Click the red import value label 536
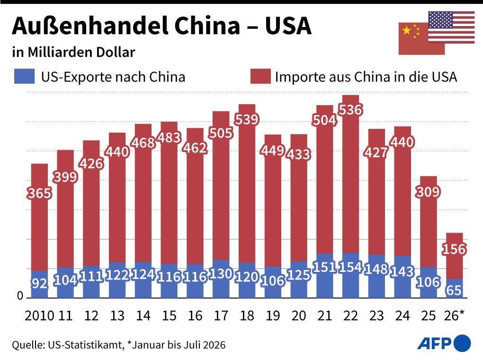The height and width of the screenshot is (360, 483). click(350, 110)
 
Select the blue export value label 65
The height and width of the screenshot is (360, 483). click(454, 290)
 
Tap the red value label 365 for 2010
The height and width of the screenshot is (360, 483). click(39, 193)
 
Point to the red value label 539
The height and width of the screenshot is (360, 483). click(246, 119)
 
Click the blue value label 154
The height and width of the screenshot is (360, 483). click(350, 267)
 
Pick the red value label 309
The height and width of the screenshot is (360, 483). click(428, 192)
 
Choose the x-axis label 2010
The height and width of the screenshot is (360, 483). click(39, 315)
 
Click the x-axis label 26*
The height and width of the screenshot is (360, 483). click(454, 315)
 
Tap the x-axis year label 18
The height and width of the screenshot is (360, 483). click(247, 315)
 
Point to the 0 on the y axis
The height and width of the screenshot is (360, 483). click(20, 296)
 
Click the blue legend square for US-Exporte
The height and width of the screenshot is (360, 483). click(24, 76)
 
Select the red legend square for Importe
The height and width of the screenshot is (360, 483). click(260, 76)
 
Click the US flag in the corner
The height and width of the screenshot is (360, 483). click(451, 27)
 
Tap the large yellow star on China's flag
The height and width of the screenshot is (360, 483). click(407, 30)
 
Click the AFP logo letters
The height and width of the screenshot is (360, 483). click(434, 343)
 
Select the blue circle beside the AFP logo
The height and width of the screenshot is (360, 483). click(462, 343)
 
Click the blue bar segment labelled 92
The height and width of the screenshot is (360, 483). click(39, 285)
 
